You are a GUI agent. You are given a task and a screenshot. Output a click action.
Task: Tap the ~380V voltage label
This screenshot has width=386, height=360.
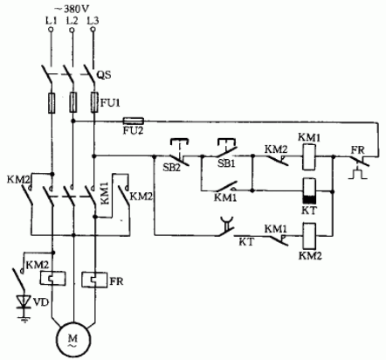72,9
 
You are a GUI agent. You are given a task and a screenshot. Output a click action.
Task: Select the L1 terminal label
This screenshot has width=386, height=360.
52,21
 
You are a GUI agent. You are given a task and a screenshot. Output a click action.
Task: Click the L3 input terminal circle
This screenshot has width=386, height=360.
93,30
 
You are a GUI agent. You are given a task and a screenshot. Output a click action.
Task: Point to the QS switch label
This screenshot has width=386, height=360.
104,75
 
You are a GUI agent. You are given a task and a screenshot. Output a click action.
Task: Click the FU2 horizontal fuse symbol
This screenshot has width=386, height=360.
134,121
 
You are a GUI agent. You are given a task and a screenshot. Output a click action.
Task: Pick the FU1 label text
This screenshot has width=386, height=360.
110,102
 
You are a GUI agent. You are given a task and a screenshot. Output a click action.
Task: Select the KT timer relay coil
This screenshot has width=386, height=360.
309,190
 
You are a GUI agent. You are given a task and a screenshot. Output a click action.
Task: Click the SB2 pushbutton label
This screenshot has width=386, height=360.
171,168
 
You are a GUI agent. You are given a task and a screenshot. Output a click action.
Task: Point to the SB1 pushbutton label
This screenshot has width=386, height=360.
226,163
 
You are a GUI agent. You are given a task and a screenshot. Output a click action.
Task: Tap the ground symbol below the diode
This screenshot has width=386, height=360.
24,319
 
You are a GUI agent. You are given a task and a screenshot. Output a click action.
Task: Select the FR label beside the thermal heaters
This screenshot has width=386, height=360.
117,281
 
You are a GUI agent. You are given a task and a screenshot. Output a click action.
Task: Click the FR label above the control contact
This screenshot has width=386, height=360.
357,150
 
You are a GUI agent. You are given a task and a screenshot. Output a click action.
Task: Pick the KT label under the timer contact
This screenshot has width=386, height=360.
246,242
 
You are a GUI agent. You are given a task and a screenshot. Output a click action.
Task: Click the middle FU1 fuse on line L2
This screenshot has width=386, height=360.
72,102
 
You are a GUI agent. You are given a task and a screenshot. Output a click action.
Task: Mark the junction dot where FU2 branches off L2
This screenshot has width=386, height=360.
73,121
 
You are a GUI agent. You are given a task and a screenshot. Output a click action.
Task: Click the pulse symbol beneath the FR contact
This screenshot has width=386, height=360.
358,174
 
